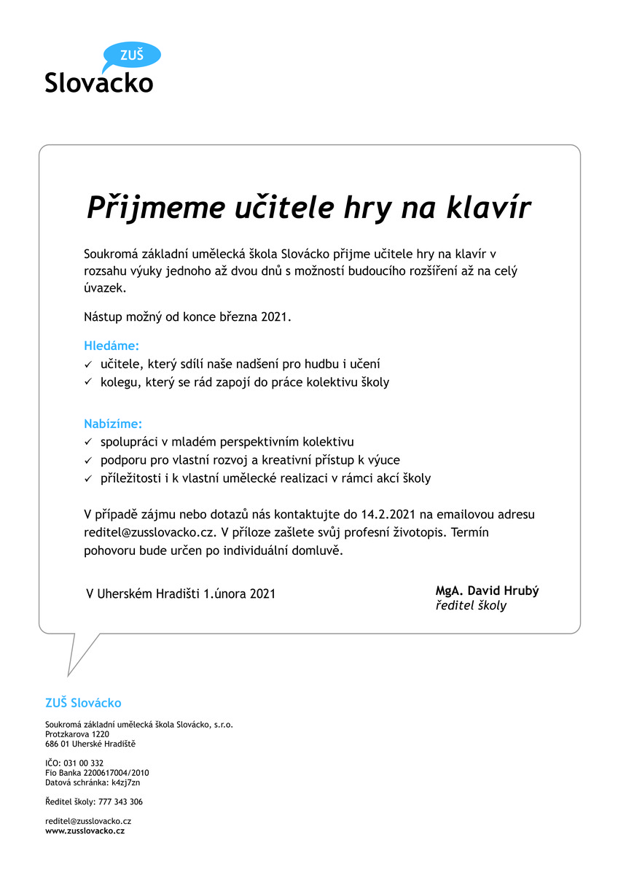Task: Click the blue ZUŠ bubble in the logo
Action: coord(132,55)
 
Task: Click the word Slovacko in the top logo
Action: coord(99,82)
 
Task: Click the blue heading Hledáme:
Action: coord(112,345)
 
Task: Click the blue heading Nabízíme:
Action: coord(113,423)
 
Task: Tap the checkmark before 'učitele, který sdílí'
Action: coord(87,364)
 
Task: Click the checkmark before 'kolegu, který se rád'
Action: coord(87,383)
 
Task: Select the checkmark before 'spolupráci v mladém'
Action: coord(87,442)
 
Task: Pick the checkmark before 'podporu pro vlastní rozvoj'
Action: coord(87,461)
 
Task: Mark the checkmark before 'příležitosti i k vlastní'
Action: coord(87,479)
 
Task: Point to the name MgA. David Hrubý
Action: coord(487,591)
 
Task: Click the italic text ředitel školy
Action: coord(471,606)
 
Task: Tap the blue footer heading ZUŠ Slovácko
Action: coord(83,703)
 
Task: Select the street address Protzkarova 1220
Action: coord(77,734)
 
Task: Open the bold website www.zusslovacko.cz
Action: coord(85,831)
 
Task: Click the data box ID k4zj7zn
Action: coord(125,782)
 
